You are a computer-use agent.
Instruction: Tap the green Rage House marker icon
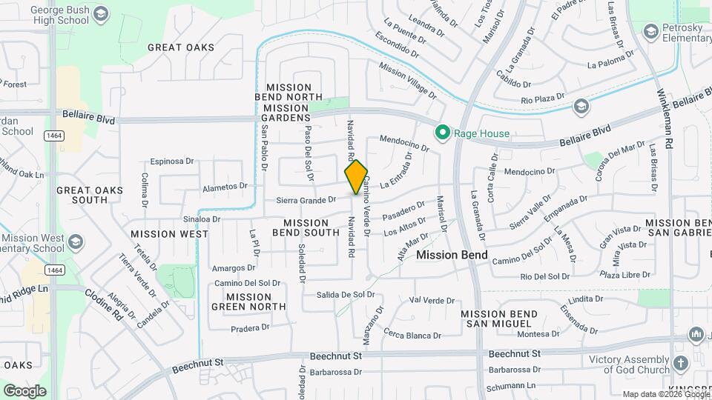[x=443, y=133]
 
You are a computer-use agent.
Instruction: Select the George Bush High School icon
[x=102, y=13]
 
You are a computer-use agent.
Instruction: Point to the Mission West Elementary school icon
[x=74, y=242]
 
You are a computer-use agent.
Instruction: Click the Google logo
[x=24, y=390]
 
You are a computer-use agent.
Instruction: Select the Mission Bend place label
[x=452, y=255]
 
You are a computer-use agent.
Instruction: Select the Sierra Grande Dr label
[x=306, y=199]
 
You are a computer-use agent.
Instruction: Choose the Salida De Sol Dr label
[x=346, y=294]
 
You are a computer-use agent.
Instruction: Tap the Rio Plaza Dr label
[x=543, y=99]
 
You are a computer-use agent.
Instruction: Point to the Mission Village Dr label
[x=407, y=79]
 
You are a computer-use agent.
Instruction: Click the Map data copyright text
[x=666, y=394]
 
